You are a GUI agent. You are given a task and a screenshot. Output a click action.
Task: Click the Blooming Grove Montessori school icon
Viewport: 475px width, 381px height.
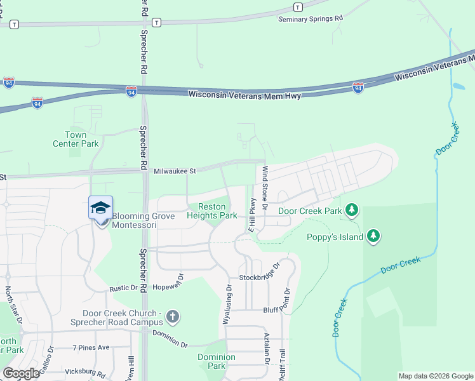point(101,208)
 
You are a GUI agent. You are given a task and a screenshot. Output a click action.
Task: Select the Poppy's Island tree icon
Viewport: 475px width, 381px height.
point(374,237)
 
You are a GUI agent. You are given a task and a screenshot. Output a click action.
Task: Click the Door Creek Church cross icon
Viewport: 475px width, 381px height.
point(174,316)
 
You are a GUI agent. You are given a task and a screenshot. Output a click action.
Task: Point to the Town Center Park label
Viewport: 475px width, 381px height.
point(76,139)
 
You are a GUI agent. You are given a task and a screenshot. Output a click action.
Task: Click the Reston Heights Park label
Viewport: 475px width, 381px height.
point(211,211)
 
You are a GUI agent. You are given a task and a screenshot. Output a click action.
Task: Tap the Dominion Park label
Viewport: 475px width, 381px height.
point(217,361)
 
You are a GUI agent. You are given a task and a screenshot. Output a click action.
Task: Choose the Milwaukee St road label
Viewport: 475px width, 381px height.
point(175,170)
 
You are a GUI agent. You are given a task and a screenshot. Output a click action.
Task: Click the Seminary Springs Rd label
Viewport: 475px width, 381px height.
point(311,19)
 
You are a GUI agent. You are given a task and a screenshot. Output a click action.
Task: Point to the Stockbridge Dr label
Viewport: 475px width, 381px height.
point(259,277)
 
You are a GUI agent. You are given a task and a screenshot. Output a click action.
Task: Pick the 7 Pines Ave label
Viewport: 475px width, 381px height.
point(91,347)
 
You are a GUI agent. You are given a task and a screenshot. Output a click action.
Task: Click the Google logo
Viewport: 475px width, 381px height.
point(21,373)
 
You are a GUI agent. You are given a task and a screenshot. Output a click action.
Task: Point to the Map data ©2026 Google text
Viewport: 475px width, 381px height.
point(435,376)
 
